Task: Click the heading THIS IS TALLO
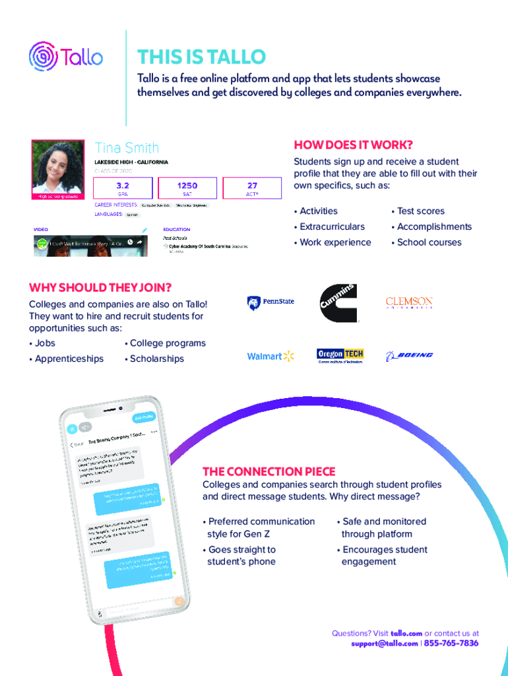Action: pyautogui.click(x=201, y=57)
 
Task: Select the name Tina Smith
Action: pyautogui.click(x=127, y=147)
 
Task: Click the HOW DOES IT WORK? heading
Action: pyautogui.click(x=352, y=145)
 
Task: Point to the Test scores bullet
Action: pyautogui.click(x=420, y=211)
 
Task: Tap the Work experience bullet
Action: pyautogui.click(x=335, y=242)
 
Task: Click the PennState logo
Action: pyautogui.click(x=270, y=302)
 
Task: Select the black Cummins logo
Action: pyautogui.click(x=339, y=303)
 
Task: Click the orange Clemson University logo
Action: pyautogui.click(x=409, y=303)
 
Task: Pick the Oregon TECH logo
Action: pyautogui.click(x=340, y=356)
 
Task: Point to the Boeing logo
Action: pyautogui.click(x=409, y=356)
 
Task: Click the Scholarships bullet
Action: pyautogui.click(x=156, y=359)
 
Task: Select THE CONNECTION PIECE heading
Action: pyautogui.click(x=269, y=471)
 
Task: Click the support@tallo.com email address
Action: pyautogui.click(x=384, y=643)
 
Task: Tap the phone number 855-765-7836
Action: pyautogui.click(x=451, y=643)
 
